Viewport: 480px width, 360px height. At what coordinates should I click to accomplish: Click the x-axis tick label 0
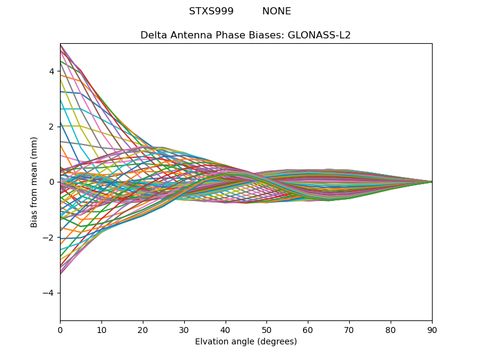tap(60, 329)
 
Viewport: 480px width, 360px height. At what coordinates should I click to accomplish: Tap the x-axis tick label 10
tap(101, 329)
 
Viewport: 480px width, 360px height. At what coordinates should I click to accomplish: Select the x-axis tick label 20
tap(143, 329)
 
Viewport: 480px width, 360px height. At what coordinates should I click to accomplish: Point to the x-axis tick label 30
tap(184, 329)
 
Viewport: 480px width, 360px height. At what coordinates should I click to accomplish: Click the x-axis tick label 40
tap(226, 329)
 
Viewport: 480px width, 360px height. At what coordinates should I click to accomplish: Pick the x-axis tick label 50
tap(266, 329)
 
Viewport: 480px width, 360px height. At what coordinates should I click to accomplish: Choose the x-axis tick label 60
tap(308, 329)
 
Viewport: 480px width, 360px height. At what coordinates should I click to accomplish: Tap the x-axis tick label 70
tap(349, 329)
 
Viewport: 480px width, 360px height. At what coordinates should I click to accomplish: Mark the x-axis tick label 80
tap(391, 329)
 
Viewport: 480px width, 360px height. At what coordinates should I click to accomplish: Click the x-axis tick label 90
tap(432, 329)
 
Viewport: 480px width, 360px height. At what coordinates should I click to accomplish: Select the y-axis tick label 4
tap(52, 71)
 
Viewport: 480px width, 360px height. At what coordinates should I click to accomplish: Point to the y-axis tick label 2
tap(52, 127)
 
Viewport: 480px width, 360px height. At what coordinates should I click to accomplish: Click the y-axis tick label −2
tap(50, 238)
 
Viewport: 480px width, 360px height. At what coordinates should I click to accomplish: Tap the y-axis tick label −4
tap(50, 293)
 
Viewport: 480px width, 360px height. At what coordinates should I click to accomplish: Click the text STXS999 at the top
tap(211, 11)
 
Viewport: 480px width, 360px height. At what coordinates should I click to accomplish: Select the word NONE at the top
tap(277, 11)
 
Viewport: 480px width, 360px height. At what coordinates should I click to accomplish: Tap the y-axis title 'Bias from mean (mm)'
tap(34, 182)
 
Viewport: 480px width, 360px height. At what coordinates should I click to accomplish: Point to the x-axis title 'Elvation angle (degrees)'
tap(246, 342)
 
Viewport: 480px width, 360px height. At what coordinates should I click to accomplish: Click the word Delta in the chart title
tap(152, 35)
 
